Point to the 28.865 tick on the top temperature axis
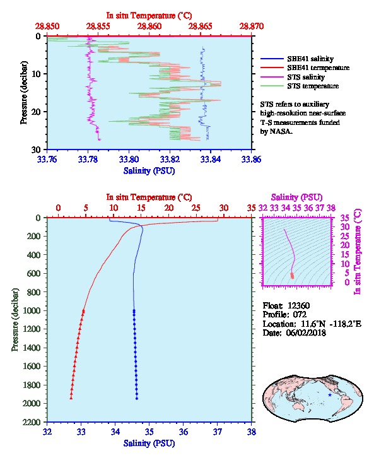click(201, 26)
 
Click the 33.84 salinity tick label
click(211, 159)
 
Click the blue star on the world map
click(330, 395)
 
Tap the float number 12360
click(298, 305)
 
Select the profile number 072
click(300, 314)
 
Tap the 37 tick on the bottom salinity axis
click(218, 432)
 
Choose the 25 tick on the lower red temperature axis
click(196, 208)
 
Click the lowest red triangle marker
click(71, 398)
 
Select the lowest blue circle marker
click(137, 398)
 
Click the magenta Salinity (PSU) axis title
click(296, 197)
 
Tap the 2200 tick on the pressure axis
click(32, 422)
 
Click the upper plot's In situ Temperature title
click(149, 16)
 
